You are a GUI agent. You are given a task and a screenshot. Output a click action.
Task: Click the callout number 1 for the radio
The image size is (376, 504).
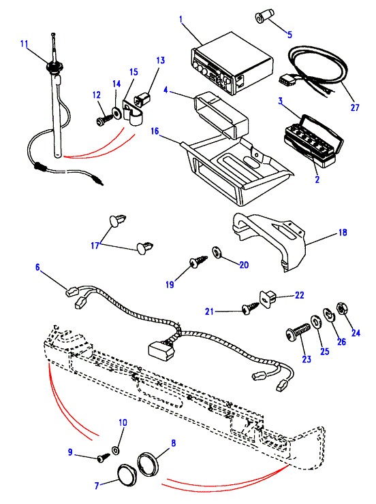[x=181, y=19]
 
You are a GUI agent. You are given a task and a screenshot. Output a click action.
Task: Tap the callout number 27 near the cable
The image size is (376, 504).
[x=354, y=107]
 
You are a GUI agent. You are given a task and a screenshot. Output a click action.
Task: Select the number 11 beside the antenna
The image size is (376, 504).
[x=25, y=44]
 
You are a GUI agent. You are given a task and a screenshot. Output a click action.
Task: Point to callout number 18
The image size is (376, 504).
[x=343, y=232]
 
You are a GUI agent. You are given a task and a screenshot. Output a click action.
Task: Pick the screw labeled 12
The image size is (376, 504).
[x=104, y=120]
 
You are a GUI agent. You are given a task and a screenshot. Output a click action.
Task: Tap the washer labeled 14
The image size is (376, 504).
[x=116, y=113]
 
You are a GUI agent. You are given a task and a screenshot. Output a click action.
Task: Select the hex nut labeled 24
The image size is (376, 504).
[x=341, y=309]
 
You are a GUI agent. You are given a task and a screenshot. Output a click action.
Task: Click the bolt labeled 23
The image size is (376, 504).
[x=298, y=331]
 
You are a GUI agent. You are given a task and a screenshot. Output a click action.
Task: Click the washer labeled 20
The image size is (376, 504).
[x=217, y=252]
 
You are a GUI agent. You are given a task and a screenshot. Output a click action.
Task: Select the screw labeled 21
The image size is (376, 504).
[x=251, y=307]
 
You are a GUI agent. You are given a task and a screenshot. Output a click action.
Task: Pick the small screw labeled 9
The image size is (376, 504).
[x=104, y=458]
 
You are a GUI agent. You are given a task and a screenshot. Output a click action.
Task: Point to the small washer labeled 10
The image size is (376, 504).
[x=116, y=450]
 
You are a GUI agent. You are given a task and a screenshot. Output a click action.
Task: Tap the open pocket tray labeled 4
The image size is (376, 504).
[x=221, y=115]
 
